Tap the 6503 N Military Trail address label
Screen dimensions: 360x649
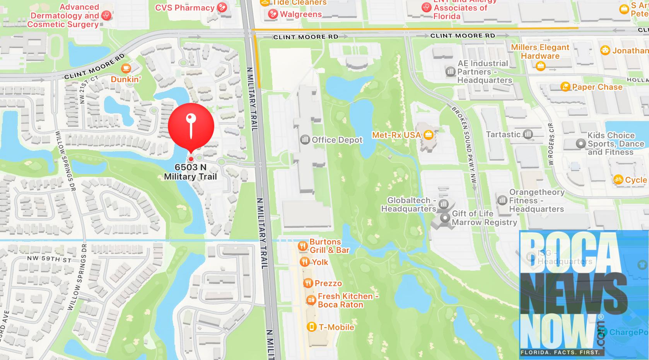click(x=190, y=172)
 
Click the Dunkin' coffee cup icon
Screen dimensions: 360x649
click(x=126, y=69)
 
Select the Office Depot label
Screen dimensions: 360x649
click(x=337, y=140)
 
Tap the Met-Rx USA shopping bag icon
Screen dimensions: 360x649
click(x=428, y=135)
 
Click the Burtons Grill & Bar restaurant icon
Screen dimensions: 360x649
click(x=302, y=246)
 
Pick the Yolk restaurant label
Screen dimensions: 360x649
click(x=320, y=262)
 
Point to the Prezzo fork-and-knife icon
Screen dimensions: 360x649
click(x=308, y=283)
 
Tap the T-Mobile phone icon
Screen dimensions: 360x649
click(x=311, y=327)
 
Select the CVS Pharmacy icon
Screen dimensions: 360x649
click(x=222, y=7)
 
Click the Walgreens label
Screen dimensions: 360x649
click(x=301, y=14)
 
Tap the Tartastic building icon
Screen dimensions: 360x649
click(x=528, y=135)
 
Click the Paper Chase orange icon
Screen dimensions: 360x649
click(x=565, y=87)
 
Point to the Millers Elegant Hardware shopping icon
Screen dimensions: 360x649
click(x=540, y=66)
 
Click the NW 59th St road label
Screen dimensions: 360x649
click(x=49, y=259)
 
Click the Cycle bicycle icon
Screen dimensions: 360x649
click(x=618, y=179)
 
